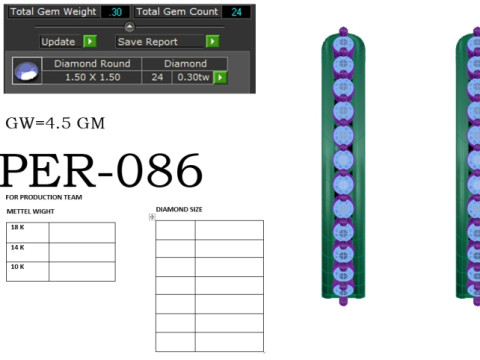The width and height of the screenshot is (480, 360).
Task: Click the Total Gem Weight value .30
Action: click(115, 12)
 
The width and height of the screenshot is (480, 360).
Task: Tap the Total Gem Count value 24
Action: click(236, 12)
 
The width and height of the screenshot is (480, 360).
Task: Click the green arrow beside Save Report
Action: click(212, 41)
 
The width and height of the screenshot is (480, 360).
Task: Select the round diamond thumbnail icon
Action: click(27, 71)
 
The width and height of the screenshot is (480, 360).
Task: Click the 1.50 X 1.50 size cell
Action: click(92, 77)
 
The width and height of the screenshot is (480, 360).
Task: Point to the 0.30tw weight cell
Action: click(193, 77)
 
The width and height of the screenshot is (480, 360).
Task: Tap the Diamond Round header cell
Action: click(92, 64)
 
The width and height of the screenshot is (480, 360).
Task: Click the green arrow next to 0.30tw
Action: click(220, 77)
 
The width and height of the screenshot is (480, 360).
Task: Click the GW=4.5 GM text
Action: click(55, 123)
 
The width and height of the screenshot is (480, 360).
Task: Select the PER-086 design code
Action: click(101, 171)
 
